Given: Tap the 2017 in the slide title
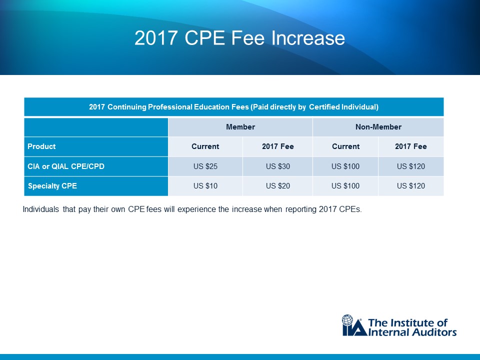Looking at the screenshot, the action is point(156,38).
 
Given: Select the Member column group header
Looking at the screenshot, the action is point(240,127).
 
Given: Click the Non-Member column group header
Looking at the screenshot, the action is point(378,127).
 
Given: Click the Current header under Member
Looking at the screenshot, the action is point(205,146).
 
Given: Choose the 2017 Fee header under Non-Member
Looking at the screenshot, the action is point(411,146).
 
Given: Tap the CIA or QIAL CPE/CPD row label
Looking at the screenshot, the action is point(66,166).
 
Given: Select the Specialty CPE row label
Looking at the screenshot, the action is point(52,186).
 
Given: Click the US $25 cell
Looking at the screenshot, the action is point(205,166).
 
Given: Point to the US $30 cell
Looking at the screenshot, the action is point(278,166).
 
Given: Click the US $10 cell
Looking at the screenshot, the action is point(205,186).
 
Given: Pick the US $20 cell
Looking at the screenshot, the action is point(278,186).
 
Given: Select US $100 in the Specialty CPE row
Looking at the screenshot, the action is point(345,186).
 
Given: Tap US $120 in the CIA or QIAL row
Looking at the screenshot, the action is point(411,166).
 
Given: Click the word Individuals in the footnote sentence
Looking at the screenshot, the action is point(41,209).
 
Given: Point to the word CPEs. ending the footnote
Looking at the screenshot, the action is point(350,209).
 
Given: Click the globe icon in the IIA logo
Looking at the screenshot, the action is point(347,320).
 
